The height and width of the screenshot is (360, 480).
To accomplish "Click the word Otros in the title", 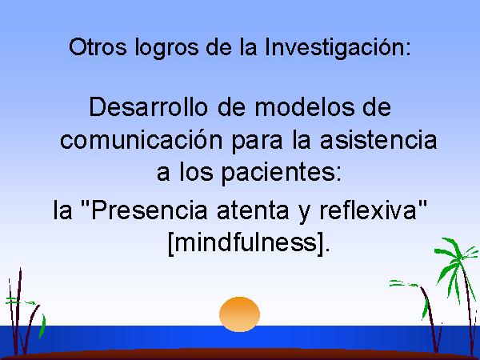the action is point(98,47).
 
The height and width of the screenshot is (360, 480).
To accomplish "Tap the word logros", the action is point(167,48).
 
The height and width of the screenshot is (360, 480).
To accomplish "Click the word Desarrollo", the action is point(148,106).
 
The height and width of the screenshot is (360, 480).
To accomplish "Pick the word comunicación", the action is point(141,139).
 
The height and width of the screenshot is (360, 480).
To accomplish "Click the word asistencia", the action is point(378,139).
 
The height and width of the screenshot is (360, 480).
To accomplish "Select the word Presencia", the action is point(149,210).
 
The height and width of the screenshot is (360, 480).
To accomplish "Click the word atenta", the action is point(253,210).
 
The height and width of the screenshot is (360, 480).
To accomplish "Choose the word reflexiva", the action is point(368,210).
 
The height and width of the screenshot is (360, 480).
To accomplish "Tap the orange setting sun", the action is point(239,314).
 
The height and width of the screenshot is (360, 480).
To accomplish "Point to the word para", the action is point(257,142).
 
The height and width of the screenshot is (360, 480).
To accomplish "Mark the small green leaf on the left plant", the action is point(42,326).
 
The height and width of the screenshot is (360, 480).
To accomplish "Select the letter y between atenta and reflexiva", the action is point(304,214).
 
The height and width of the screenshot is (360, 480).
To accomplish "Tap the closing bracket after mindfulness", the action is point(320,243).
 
